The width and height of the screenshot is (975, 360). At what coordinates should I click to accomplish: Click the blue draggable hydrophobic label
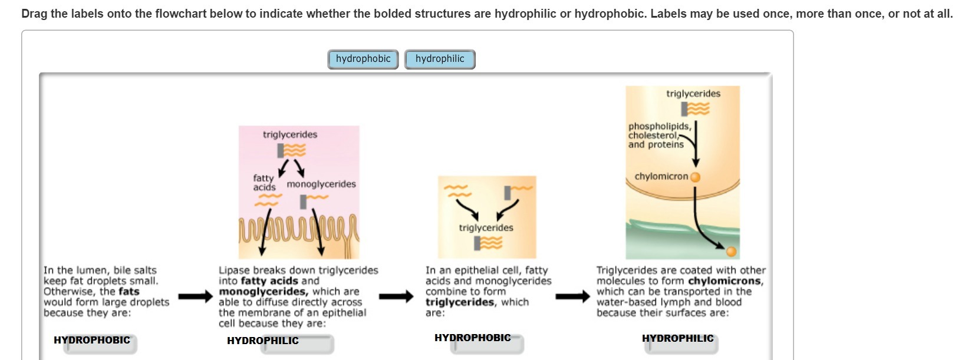pos(363,59)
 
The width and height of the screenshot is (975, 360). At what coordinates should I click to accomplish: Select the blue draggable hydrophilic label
pos(440,59)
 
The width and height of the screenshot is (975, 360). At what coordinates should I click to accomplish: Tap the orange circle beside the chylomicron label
pos(696,177)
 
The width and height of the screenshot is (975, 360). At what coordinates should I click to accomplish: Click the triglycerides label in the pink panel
pos(290,134)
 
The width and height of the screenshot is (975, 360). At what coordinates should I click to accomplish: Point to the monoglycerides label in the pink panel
pos(321,184)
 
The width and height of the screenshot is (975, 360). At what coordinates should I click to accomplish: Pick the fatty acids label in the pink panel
pos(264,182)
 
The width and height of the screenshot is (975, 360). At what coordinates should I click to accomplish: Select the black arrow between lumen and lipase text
pos(195,296)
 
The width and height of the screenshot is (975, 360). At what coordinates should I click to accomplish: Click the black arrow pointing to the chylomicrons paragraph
pos(572,296)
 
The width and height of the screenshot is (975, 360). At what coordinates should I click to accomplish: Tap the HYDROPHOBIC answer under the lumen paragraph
pos(92,340)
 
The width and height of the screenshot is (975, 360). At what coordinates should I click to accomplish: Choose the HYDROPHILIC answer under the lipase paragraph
pos(263,341)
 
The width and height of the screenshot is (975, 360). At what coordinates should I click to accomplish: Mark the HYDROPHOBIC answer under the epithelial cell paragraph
pos(473,338)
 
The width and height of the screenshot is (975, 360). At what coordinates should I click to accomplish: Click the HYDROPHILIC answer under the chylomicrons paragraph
pos(678,338)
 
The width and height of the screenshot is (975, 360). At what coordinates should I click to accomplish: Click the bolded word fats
pos(129,291)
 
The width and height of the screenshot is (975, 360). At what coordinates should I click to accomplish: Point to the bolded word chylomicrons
pos(725,281)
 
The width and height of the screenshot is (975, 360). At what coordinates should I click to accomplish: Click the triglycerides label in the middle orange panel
pos(486,227)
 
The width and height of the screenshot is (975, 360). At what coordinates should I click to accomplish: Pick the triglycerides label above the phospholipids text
pos(693,93)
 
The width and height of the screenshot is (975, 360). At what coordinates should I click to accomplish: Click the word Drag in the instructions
pos(34,14)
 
